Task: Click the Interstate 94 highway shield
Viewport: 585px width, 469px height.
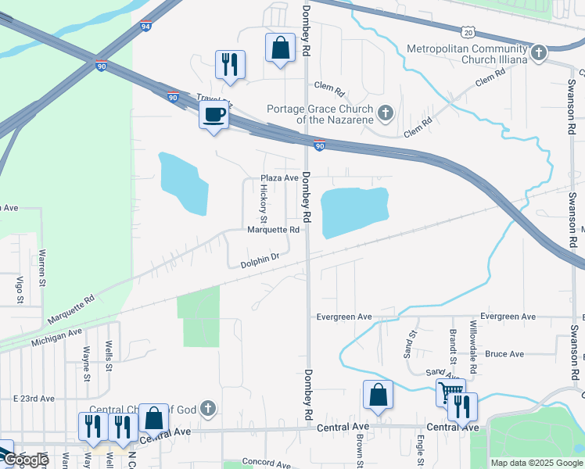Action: pyautogui.click(x=146, y=26)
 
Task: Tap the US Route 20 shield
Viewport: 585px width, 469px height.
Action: pyautogui.click(x=468, y=31)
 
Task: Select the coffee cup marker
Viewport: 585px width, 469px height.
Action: pyautogui.click(x=214, y=116)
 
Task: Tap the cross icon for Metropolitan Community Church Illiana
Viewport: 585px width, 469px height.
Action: pyautogui.click(x=537, y=54)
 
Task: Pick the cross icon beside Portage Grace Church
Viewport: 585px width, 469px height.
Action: pyautogui.click(x=384, y=114)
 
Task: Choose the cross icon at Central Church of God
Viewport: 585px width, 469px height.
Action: pyautogui.click(x=207, y=408)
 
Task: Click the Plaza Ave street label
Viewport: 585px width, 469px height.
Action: pyautogui.click(x=280, y=178)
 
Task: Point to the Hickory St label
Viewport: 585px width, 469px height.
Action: pyautogui.click(x=264, y=202)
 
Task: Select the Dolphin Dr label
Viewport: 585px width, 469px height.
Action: pyautogui.click(x=260, y=259)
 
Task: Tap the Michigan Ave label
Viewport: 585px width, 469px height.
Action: pyautogui.click(x=57, y=338)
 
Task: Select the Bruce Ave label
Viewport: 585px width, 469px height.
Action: pyautogui.click(x=504, y=354)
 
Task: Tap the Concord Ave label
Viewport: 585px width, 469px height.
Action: pyautogui.click(x=266, y=462)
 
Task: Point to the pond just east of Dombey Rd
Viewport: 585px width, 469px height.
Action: pyautogui.click(x=354, y=211)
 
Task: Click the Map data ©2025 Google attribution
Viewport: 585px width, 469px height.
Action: pyautogui.click(x=537, y=463)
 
